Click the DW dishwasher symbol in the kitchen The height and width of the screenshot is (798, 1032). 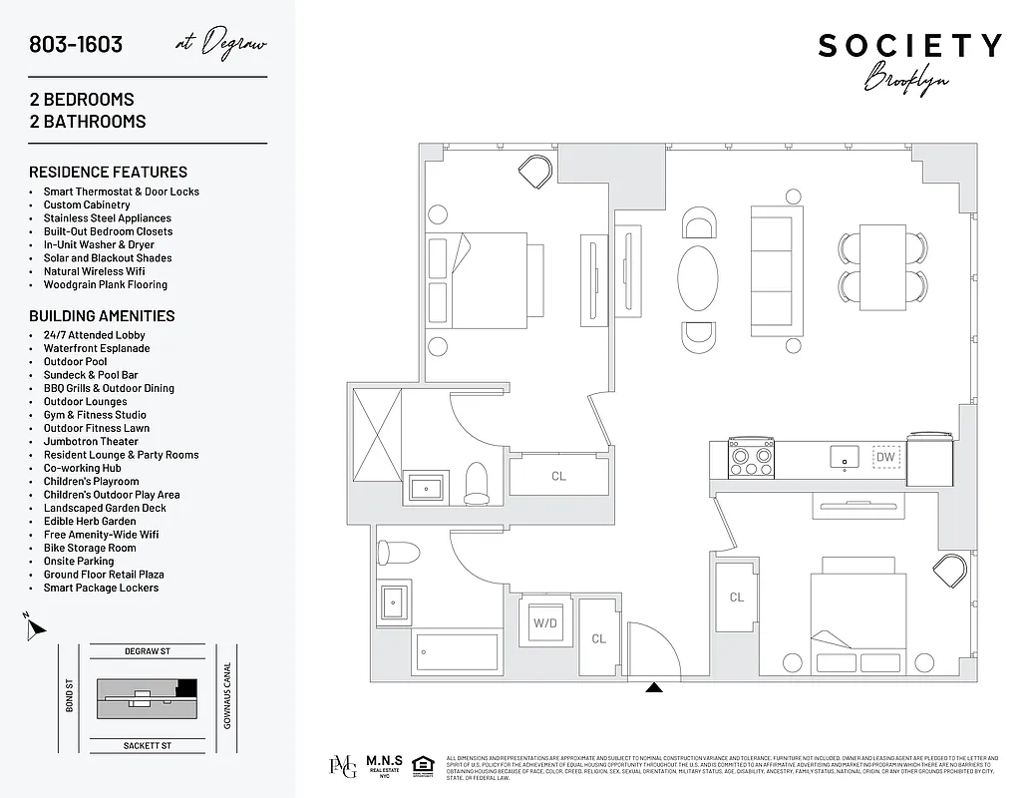pyautogui.click(x=884, y=458)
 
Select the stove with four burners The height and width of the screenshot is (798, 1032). pyautogui.click(x=752, y=458)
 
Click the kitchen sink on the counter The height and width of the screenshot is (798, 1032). pyautogui.click(x=845, y=458)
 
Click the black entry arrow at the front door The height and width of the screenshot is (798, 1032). pyautogui.click(x=654, y=686)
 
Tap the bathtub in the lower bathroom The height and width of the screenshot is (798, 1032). pyautogui.click(x=458, y=652)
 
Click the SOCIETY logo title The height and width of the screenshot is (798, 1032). pyautogui.click(x=909, y=46)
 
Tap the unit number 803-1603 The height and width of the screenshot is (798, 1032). pyautogui.click(x=76, y=45)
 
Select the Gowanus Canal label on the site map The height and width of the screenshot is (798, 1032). pyautogui.click(x=227, y=695)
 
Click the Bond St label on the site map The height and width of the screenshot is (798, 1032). pyautogui.click(x=70, y=695)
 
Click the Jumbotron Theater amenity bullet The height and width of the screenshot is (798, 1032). pyautogui.click(x=91, y=441)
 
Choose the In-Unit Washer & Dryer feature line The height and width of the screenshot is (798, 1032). pyautogui.click(x=99, y=244)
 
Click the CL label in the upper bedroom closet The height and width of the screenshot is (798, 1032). pyautogui.click(x=558, y=476)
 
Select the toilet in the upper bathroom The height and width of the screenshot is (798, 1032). pyautogui.click(x=477, y=483)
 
